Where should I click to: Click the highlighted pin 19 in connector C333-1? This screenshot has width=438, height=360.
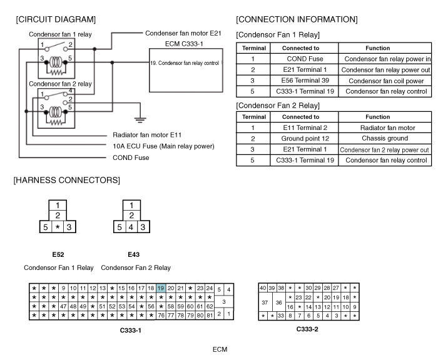click(161, 288)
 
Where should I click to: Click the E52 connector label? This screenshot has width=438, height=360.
click(59, 254)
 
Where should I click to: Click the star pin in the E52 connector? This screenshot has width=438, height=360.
click(58, 227)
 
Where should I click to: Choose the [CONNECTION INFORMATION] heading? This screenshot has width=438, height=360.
click(297, 19)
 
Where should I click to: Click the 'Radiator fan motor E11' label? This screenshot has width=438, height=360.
click(147, 135)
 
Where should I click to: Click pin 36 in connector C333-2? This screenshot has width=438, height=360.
click(279, 302)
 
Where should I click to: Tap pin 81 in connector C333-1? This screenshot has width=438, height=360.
click(210, 316)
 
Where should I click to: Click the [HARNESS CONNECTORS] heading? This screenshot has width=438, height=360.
click(66, 181)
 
